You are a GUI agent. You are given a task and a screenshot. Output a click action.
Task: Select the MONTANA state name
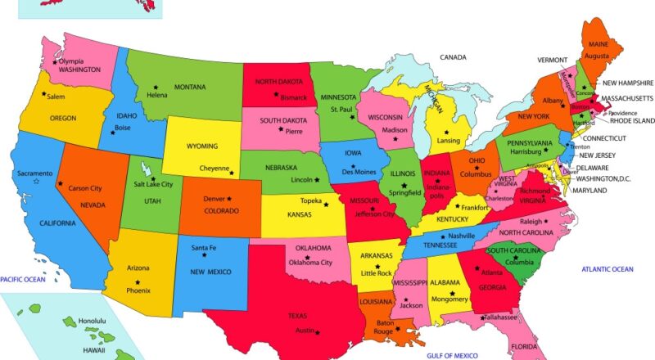coord(189,87)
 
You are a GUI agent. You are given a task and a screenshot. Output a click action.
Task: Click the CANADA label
coord(453,57)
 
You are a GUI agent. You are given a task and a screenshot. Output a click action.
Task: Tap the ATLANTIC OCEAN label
coord(607,269)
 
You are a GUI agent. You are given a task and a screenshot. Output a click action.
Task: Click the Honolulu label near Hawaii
coord(92,321)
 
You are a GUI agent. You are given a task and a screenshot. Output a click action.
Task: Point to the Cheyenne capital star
coord(232,172)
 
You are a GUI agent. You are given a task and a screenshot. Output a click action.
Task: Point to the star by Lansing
coord(446,132)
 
